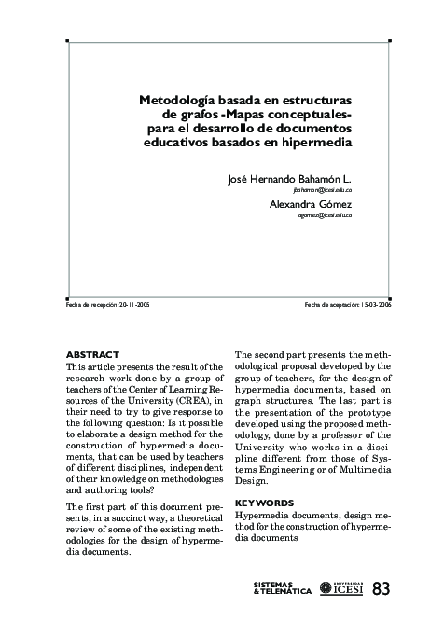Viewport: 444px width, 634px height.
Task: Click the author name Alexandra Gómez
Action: click(x=311, y=203)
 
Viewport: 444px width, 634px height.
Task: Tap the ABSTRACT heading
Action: click(x=93, y=355)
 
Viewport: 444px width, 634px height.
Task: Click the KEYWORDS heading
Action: click(x=266, y=501)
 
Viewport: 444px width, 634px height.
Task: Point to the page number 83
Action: click(x=382, y=588)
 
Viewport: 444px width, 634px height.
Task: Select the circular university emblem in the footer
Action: click(x=326, y=588)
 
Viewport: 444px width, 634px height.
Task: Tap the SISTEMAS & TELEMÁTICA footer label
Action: click(x=282, y=588)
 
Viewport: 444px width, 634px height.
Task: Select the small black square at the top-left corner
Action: click(x=66, y=41)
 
